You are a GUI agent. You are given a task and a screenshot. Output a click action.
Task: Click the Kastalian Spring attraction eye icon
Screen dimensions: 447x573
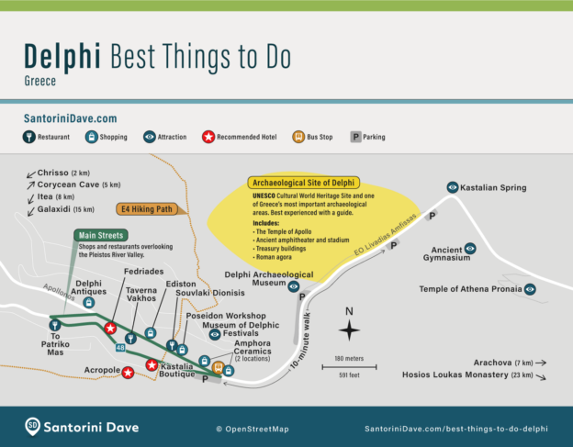click(452, 186)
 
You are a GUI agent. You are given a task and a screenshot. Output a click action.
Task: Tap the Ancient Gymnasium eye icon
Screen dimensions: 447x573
click(470, 248)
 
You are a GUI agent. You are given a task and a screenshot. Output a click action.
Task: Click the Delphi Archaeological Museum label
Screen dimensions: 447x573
click(269, 280)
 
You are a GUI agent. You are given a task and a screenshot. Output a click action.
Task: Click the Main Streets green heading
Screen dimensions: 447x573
click(101, 235)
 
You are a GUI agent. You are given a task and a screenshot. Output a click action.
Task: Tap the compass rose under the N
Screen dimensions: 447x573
click(349, 330)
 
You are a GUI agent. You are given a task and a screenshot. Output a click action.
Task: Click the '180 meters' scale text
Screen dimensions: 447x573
click(349, 358)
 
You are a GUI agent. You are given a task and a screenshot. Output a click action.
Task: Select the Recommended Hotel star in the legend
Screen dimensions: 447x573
click(208, 137)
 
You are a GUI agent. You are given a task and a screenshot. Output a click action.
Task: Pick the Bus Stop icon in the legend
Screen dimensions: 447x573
click(297, 137)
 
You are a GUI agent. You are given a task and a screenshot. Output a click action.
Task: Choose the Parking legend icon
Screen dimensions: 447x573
click(355, 137)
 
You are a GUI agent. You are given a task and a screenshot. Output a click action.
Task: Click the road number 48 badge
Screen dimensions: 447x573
click(121, 348)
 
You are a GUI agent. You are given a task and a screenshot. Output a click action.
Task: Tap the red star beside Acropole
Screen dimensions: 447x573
click(129, 372)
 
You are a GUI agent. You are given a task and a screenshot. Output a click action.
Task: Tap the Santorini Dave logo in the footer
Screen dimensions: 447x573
click(33, 426)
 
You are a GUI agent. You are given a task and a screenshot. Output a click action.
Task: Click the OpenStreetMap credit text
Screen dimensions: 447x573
click(252, 429)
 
